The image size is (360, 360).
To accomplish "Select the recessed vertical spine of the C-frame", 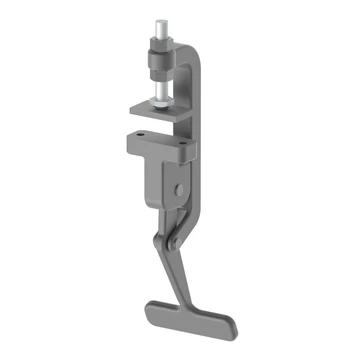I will (196, 90).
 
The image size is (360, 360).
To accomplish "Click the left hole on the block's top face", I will (141, 136).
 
